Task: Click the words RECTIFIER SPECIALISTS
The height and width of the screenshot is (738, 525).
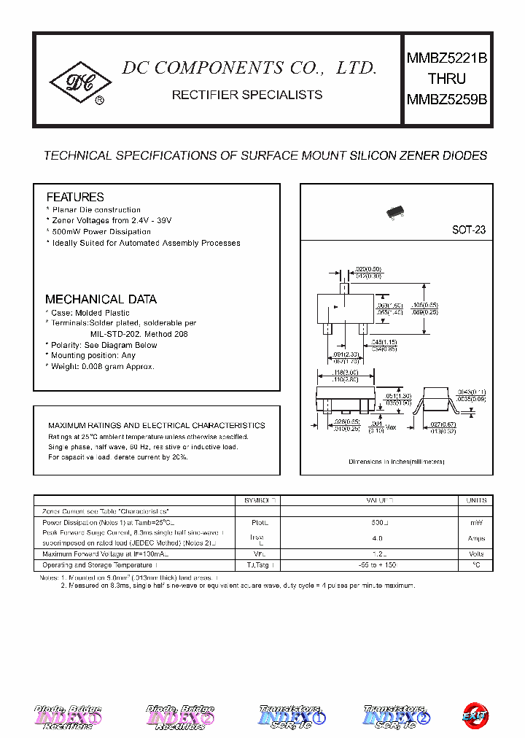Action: pyautogui.click(x=246, y=95)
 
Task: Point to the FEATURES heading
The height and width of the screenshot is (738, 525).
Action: pyautogui.click(x=75, y=197)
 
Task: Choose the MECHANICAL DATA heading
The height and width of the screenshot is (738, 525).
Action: pyautogui.click(x=101, y=299)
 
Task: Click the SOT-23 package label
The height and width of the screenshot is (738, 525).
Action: pyautogui.click(x=468, y=229)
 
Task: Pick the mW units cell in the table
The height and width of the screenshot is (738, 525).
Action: pyautogui.click(x=476, y=523)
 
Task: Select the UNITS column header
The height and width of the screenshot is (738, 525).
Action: pyautogui.click(x=476, y=501)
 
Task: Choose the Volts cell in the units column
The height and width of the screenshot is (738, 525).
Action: pyautogui.click(x=476, y=554)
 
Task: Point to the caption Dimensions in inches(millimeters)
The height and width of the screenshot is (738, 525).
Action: pyautogui.click(x=396, y=462)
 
